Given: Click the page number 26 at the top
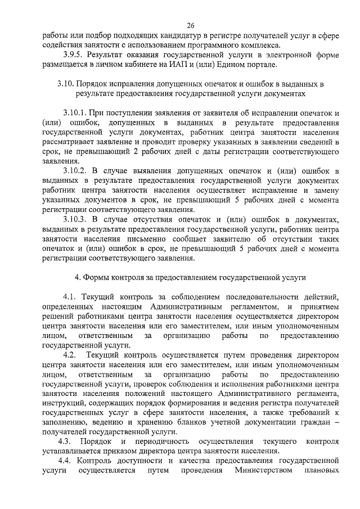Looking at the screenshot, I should click(x=191, y=25).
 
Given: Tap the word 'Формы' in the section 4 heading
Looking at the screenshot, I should click(x=97, y=277).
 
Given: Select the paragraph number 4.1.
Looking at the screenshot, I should click(x=70, y=296).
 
